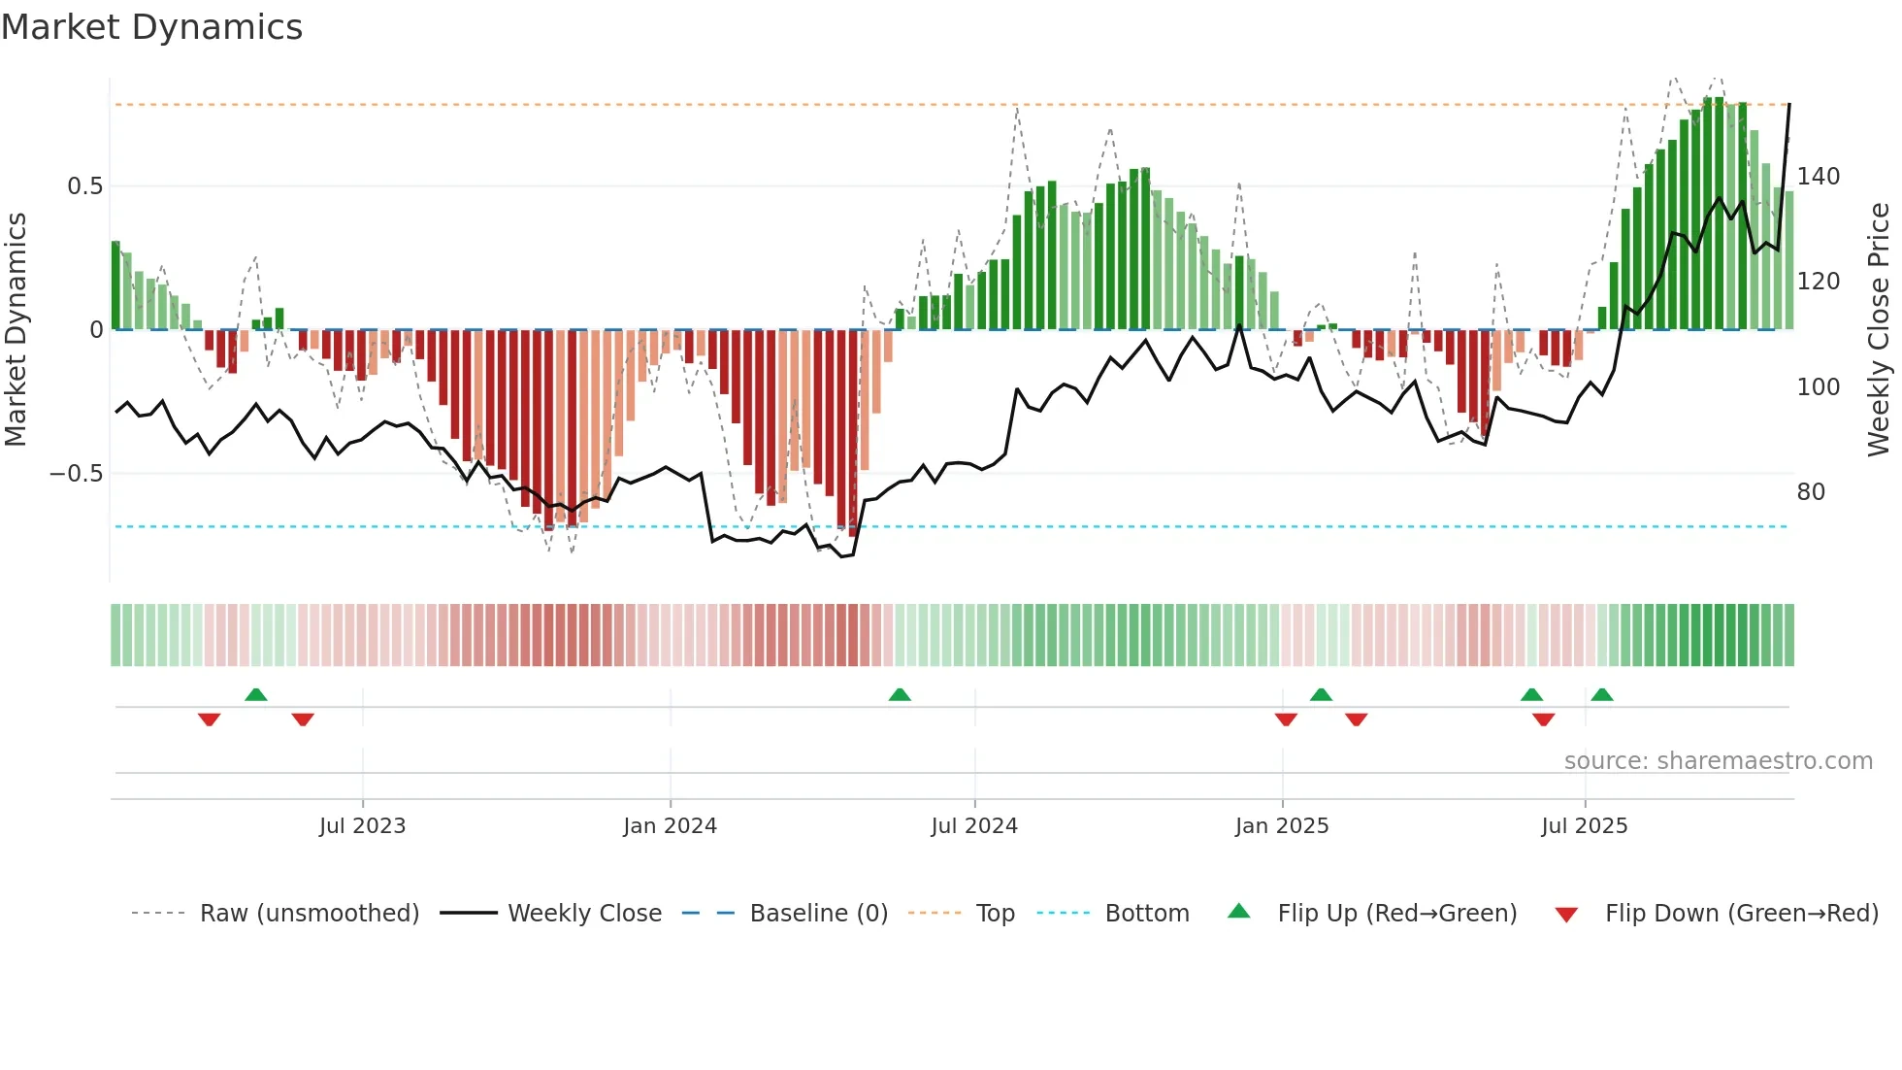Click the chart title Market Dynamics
click(151, 27)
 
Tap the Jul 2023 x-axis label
click(362, 826)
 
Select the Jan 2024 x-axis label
click(670, 826)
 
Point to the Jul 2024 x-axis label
click(974, 826)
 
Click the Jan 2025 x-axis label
click(1282, 826)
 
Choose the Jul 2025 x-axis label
click(1585, 826)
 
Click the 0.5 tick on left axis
click(84, 186)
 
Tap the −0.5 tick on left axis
click(76, 474)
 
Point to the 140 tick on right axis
click(1819, 177)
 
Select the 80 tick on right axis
click(1811, 492)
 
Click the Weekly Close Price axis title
click(1879, 330)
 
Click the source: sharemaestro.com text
click(1718, 761)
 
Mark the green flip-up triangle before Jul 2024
click(900, 695)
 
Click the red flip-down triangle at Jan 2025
click(1286, 719)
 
